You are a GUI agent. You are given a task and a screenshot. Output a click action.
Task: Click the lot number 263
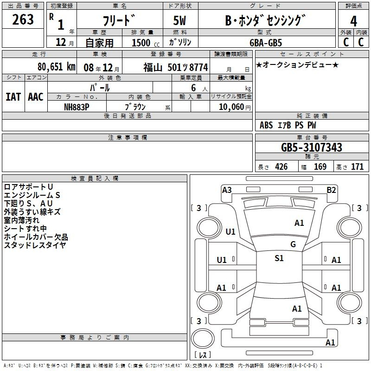[x=23, y=19]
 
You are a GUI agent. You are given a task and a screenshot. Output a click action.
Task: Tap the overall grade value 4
[x=353, y=21]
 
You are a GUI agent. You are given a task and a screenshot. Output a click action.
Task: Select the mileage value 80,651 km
[x=56, y=67]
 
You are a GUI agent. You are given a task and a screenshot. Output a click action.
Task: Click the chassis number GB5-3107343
[x=312, y=147]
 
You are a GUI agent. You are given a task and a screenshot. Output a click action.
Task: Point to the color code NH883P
[x=77, y=107]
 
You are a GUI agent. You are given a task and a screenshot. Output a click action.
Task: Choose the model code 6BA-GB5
[x=266, y=43]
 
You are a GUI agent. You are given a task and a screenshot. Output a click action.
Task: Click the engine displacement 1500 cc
[x=146, y=43]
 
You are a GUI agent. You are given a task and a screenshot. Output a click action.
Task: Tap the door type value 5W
[x=179, y=20]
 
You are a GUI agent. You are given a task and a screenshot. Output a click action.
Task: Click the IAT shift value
[x=13, y=97]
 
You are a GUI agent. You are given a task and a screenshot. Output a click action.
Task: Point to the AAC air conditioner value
[x=36, y=97]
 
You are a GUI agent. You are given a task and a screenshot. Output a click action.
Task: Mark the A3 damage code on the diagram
[x=227, y=190]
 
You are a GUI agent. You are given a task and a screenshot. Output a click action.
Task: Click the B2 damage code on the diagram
[x=331, y=190]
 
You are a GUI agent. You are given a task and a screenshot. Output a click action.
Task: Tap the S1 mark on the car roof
[x=279, y=258]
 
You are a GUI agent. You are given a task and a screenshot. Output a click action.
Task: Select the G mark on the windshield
[x=293, y=244]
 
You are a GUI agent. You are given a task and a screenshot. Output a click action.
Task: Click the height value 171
[x=357, y=167]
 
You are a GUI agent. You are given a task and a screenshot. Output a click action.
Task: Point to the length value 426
[x=281, y=167]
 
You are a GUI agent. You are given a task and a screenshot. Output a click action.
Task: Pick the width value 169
[x=320, y=167]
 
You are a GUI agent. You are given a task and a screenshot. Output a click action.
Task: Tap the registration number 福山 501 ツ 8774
[x=176, y=68]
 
